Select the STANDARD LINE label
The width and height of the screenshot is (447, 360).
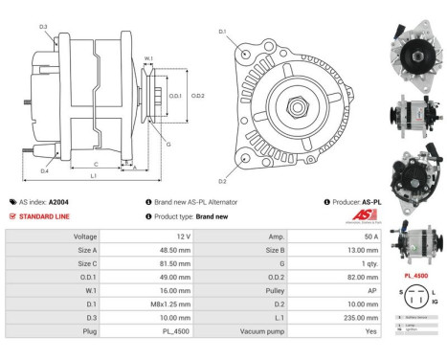pyautogui.click(x=43, y=216)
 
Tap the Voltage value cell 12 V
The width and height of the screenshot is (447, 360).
pyautogui.click(x=185, y=236)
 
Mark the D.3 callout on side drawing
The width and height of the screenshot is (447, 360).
pyautogui.click(x=43, y=26)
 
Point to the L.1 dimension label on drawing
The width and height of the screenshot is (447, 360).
pyautogui.click(x=92, y=176)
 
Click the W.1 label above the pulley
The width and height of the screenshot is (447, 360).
pyautogui.click(x=148, y=59)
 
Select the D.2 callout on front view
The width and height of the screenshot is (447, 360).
pyautogui.click(x=222, y=181)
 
